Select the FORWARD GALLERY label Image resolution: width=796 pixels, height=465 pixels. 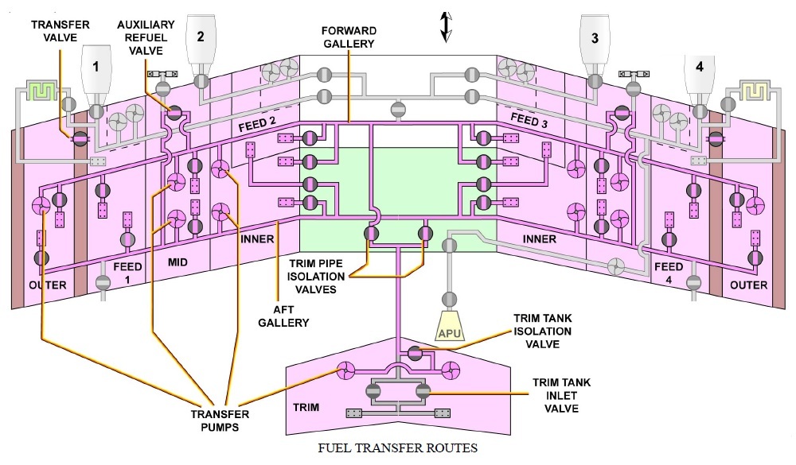(348, 37)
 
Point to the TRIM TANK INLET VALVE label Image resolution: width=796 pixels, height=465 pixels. (561, 396)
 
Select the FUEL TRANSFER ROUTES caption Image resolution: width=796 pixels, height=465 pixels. (398, 448)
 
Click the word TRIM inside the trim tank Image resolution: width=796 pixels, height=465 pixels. (306, 408)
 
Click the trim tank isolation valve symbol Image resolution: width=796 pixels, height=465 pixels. (414, 352)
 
